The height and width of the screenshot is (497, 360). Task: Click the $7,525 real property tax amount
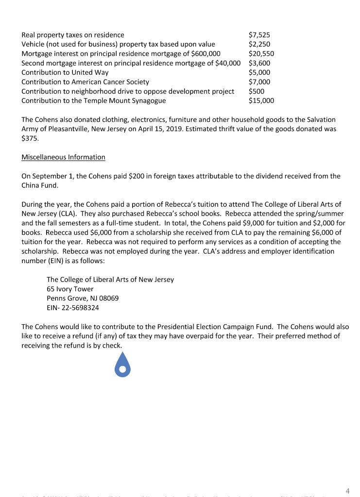(259, 35)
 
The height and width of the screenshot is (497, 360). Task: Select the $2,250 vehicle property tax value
(259, 44)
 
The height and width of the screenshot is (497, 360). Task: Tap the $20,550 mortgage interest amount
(261, 54)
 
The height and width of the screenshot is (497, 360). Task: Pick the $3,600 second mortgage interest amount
(259, 63)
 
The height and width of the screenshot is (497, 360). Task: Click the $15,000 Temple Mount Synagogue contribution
(261, 101)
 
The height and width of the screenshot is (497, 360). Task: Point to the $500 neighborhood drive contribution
(256, 91)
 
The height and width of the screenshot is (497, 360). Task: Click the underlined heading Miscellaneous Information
(63, 157)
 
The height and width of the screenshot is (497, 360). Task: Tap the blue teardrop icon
(123, 364)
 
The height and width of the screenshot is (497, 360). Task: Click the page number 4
(347, 491)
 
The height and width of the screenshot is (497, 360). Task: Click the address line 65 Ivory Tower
(70, 289)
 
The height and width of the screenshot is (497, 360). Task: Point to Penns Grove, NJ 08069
(83, 298)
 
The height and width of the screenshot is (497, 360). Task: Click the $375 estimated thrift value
(29, 138)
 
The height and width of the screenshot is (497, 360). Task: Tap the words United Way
(91, 73)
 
